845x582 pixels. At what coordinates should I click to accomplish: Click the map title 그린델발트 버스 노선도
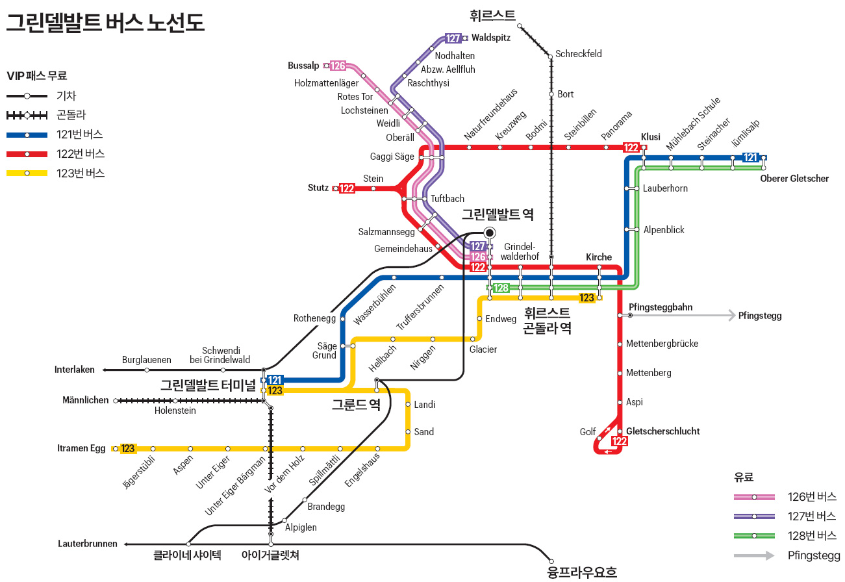pos(106,23)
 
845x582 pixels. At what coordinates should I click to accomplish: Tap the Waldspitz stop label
pos(491,38)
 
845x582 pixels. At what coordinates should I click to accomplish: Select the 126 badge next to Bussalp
pos(338,66)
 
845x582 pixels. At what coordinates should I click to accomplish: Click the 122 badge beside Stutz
pos(347,188)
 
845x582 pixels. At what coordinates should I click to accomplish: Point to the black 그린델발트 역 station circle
pos(489,233)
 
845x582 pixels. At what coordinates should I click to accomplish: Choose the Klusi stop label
pos(650,137)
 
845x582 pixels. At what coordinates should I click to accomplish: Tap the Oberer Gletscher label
pos(794,179)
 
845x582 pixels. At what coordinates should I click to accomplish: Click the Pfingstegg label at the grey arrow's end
pos(760,316)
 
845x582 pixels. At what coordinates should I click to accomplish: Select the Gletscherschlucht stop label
pos(663,431)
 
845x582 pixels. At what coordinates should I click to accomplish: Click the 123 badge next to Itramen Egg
pos(128,448)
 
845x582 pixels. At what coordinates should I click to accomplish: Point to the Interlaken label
pos(75,370)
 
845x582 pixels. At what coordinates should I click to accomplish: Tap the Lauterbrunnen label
pos(88,544)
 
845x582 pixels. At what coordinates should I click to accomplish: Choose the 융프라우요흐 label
pos(583,572)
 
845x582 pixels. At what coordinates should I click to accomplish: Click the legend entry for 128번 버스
pos(812,536)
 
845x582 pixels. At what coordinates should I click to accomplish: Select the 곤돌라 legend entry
pos(71,115)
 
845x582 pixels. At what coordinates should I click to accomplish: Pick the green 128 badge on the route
pos(501,288)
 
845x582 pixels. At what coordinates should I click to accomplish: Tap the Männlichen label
pos(86,400)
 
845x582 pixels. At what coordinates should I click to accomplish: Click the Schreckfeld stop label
pos(579,54)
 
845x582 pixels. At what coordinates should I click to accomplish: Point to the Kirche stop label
pos(599,257)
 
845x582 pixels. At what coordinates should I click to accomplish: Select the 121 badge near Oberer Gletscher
pos(750,157)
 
